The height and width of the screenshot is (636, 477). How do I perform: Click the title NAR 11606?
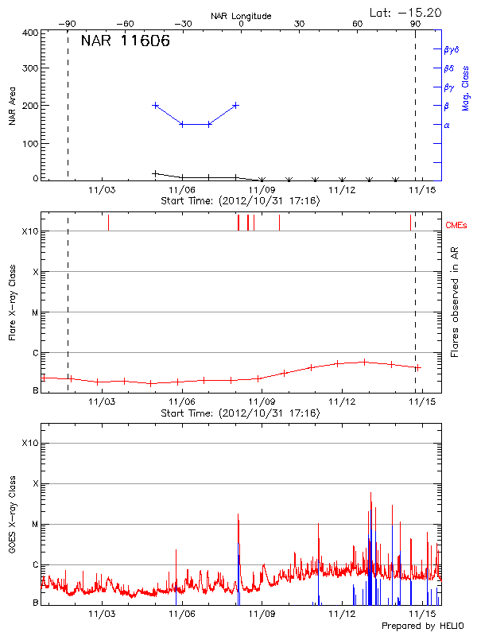[x=125, y=41]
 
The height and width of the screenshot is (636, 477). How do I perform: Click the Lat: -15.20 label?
[x=406, y=12]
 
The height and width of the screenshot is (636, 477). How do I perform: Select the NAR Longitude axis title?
[x=241, y=15]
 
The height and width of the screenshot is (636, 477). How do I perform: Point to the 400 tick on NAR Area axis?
[x=31, y=33]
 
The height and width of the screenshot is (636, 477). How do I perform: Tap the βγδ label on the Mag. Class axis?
[x=451, y=49]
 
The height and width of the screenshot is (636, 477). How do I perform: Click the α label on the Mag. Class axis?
[x=447, y=125]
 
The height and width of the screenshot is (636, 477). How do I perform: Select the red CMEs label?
[x=458, y=225]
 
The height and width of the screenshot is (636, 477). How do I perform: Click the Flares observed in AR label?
[x=455, y=302]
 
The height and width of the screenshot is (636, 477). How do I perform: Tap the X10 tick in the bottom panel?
[x=29, y=443]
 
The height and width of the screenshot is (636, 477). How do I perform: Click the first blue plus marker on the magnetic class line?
[x=156, y=105]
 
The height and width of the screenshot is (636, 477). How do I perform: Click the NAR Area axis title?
[x=13, y=106]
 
